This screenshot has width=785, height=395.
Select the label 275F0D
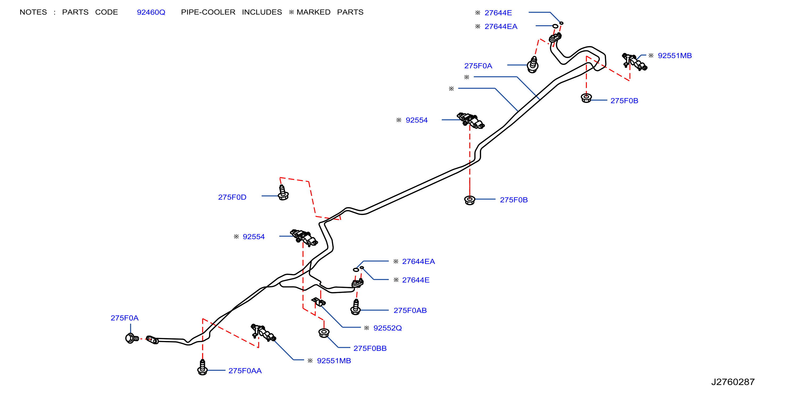pyautogui.click(x=232, y=197)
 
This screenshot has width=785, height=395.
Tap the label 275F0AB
pyautogui.click(x=410, y=311)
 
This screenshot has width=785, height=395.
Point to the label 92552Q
pyautogui.click(x=388, y=328)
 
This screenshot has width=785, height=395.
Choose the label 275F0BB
pyautogui.click(x=370, y=348)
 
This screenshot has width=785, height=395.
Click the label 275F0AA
pyautogui.click(x=245, y=371)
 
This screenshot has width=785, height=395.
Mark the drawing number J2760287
pyautogui.click(x=733, y=382)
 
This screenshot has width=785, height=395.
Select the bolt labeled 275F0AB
pyautogui.click(x=356, y=307)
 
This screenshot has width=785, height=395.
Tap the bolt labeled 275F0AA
pyautogui.click(x=202, y=367)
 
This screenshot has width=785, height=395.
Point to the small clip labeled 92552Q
pyautogui.click(x=318, y=302)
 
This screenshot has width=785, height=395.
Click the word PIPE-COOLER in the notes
pyautogui.click(x=208, y=12)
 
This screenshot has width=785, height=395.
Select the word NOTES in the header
pyautogui.click(x=33, y=12)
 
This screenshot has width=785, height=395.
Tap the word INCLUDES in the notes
pyautogui.click(x=262, y=12)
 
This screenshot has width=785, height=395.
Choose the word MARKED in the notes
pyautogui.click(x=314, y=12)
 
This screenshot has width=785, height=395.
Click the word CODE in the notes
pyautogui.click(x=106, y=12)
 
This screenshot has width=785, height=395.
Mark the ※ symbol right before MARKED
pyautogui.click(x=292, y=12)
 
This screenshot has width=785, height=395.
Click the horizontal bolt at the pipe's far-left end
pyautogui.click(x=132, y=338)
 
